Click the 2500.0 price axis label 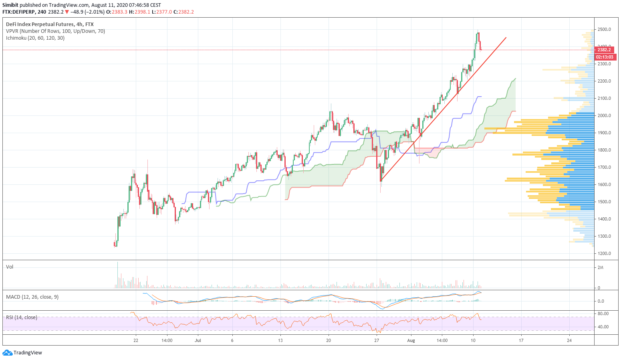(x=604, y=30)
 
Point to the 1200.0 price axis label (x=604, y=254)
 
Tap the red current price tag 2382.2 (x=604, y=50)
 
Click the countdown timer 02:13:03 (x=605, y=57)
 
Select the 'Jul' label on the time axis (x=198, y=341)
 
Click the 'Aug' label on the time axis (x=411, y=341)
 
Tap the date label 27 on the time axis (x=377, y=341)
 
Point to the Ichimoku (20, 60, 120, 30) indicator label (x=35, y=38)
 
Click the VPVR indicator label (x=55, y=31)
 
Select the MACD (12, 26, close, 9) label (x=32, y=297)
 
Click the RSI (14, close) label (x=22, y=318)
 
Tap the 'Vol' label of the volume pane (x=10, y=267)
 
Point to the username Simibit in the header (x=10, y=5)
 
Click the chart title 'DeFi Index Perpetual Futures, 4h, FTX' (x=50, y=24)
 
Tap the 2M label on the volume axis (x=600, y=267)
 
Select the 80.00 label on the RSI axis (x=603, y=313)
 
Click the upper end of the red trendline (x=506, y=38)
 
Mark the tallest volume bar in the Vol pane (x=118, y=275)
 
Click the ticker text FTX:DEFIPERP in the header (x=18, y=12)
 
